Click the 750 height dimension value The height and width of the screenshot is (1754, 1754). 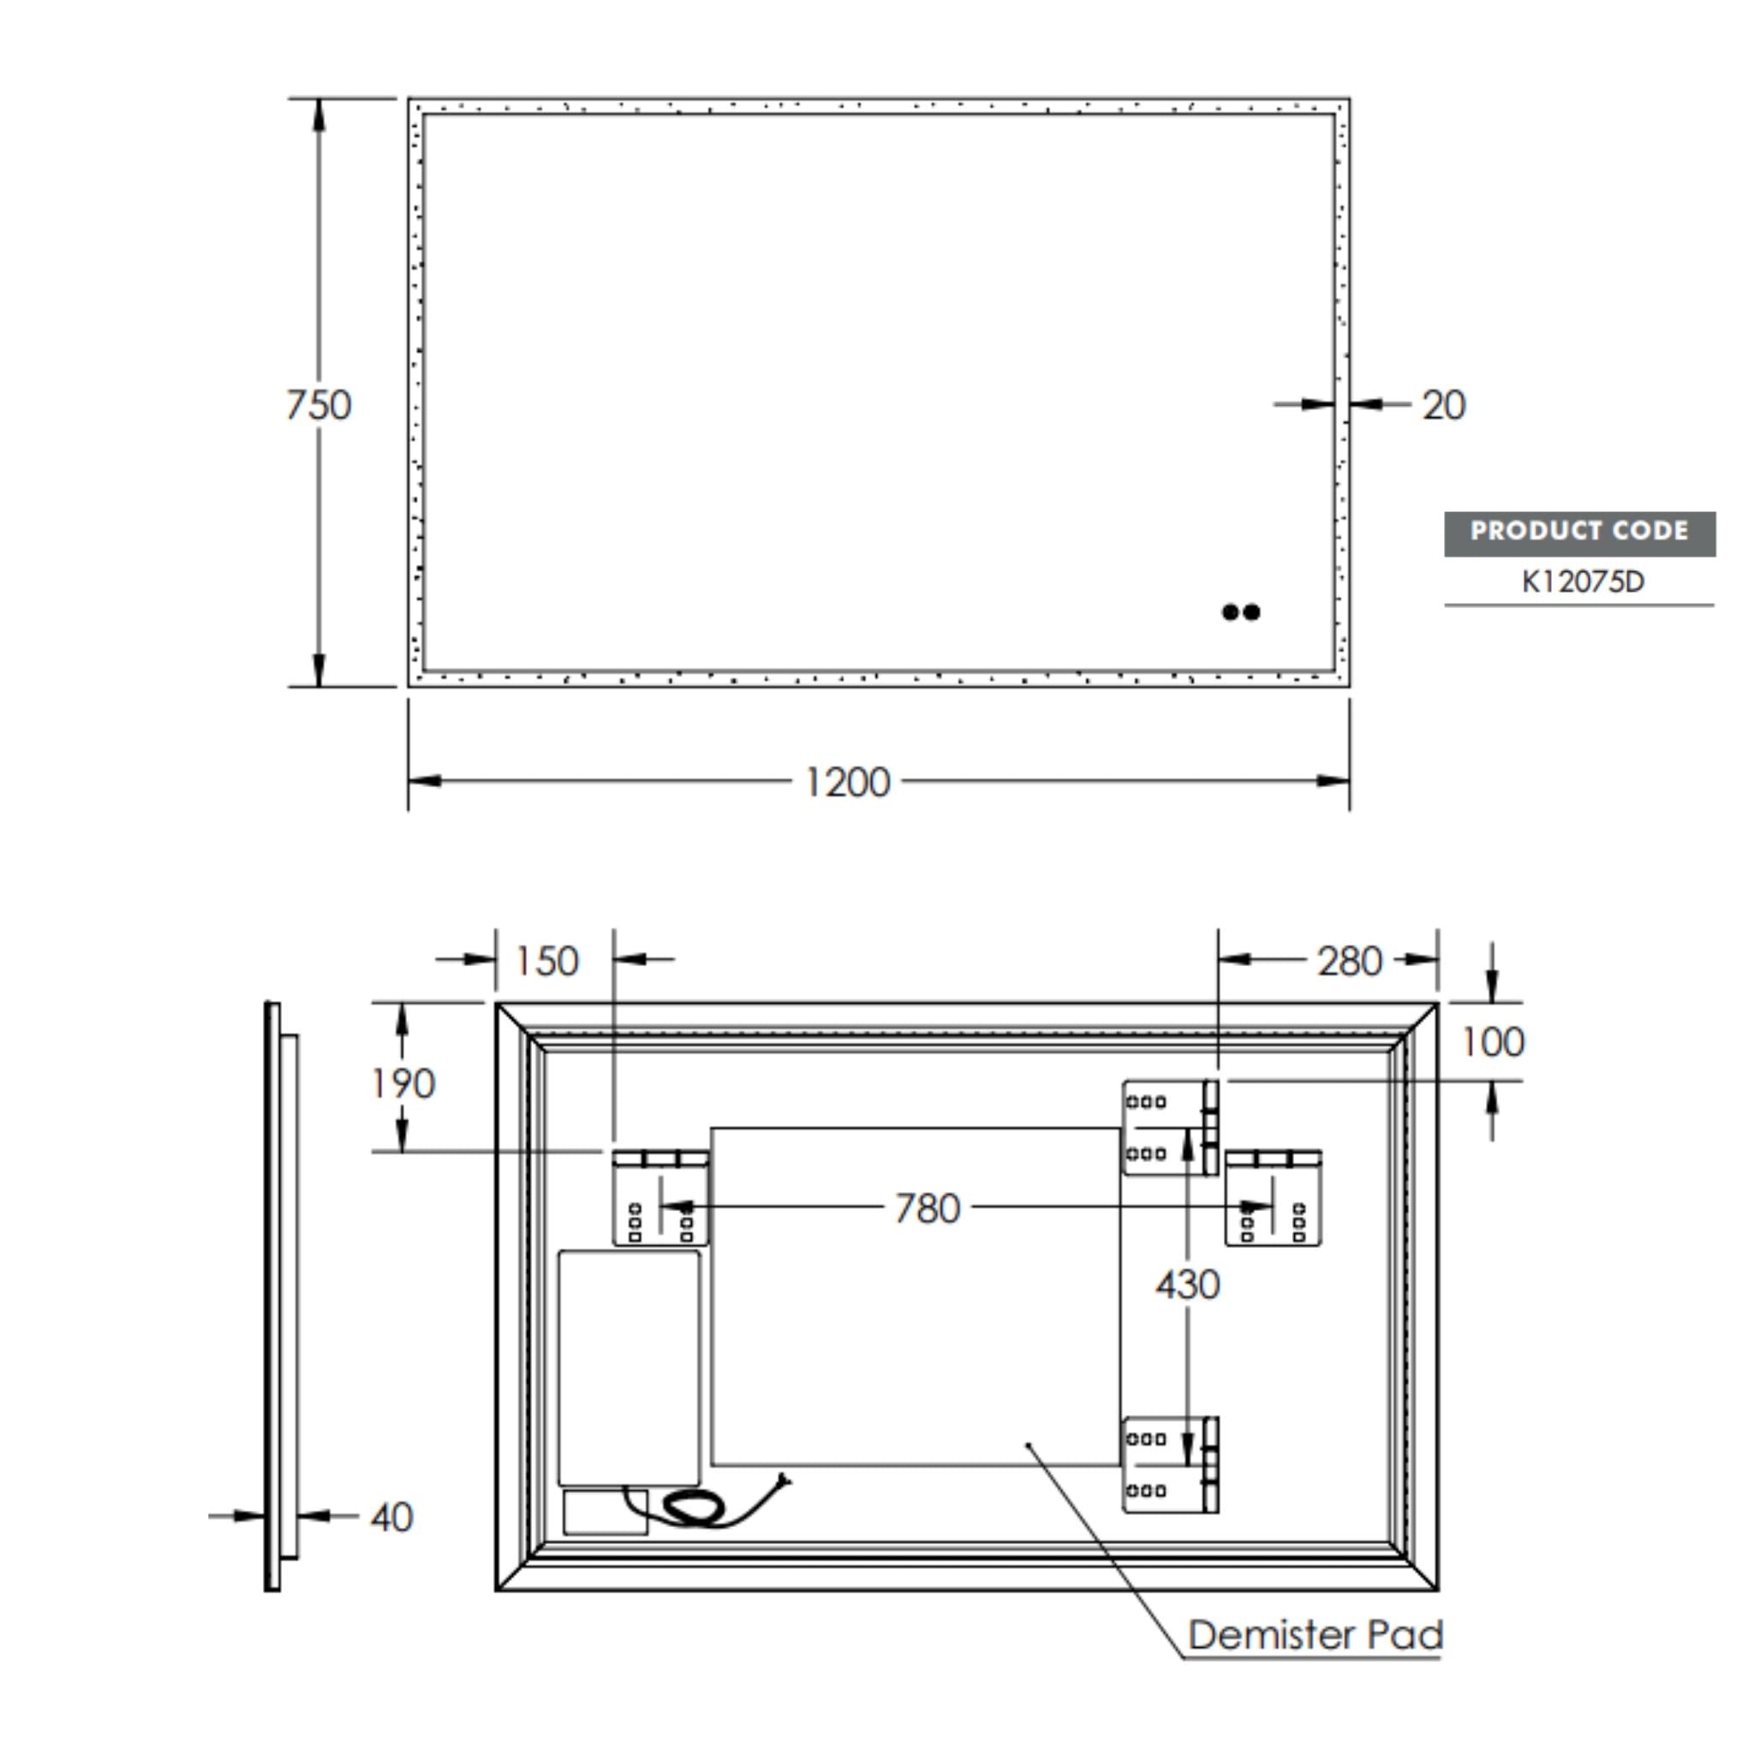point(319,405)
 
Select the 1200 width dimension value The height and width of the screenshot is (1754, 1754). point(847,782)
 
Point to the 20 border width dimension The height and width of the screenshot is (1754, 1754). point(1442,405)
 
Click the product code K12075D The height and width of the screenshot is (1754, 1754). point(1583,582)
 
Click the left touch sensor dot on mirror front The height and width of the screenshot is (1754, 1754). point(1230,612)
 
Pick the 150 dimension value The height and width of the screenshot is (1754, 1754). point(546,962)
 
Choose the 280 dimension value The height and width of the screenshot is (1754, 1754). point(1349,962)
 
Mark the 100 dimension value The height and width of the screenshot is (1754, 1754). point(1493,1042)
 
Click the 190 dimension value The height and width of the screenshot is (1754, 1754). point(403,1084)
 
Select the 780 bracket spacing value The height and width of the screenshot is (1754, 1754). point(927,1208)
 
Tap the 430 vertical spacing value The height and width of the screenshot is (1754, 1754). point(1188,1285)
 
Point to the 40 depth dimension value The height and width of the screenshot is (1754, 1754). point(392,1517)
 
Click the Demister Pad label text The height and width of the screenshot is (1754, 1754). point(1315,1634)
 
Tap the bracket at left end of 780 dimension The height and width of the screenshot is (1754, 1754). point(660,1198)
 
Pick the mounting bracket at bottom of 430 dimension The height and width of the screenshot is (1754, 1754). point(1170,1465)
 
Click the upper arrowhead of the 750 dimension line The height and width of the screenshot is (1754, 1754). point(319,116)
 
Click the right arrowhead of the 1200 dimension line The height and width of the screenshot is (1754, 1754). point(1332,781)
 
